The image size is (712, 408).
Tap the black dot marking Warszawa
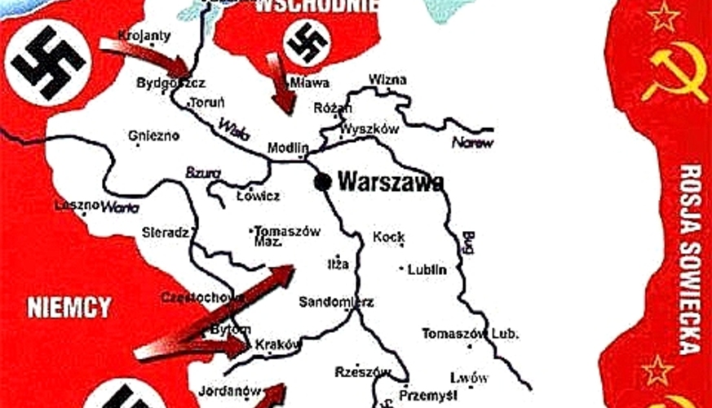pyautogui.click(x=323, y=181)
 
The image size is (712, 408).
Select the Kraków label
pyautogui.click(x=279, y=344)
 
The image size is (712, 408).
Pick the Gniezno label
pyautogui.click(x=154, y=135)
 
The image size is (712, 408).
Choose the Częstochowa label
pyautogui.click(x=202, y=297)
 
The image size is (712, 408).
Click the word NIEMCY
pyautogui.click(x=69, y=308)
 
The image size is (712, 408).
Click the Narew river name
pyautogui.click(x=472, y=142)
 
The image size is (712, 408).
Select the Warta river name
pyautogui.click(x=119, y=207)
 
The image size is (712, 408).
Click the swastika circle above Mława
pyautogui.click(x=307, y=42)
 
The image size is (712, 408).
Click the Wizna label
pyautogui.click(x=388, y=80)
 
